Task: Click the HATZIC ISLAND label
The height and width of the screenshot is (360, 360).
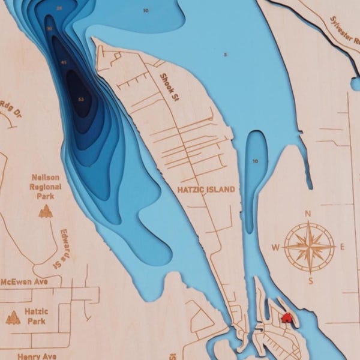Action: (206, 189)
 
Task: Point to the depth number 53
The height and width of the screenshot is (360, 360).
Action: (81, 98)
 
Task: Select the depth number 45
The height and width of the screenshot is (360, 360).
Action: (64, 62)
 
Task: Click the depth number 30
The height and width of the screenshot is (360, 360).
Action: (49, 28)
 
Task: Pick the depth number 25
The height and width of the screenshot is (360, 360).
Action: (58, 8)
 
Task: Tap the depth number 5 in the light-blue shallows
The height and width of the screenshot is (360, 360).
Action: (226, 55)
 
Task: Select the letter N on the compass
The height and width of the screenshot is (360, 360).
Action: (308, 214)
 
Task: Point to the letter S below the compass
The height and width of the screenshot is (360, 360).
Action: (310, 280)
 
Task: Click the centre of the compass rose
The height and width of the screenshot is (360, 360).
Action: (310, 247)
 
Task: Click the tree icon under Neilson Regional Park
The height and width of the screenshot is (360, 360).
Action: (45, 211)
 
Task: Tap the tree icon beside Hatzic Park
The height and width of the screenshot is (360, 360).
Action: (13, 317)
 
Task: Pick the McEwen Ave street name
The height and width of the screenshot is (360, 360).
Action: (23, 281)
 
